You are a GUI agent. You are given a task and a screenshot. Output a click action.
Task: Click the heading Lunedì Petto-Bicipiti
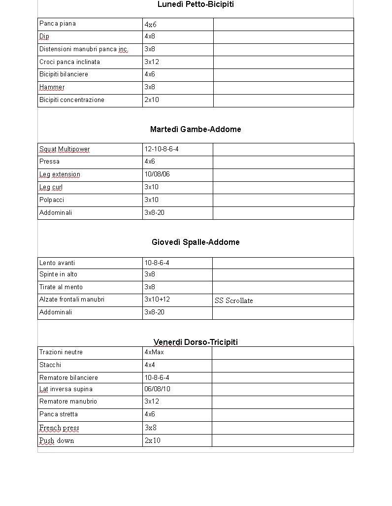(196, 4)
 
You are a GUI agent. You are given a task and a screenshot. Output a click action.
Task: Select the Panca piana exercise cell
(58, 24)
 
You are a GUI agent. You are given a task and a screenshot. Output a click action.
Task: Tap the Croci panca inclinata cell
(69, 62)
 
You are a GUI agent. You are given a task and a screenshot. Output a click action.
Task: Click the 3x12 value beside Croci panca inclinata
(152, 62)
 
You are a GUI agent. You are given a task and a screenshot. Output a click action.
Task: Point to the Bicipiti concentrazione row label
(72, 100)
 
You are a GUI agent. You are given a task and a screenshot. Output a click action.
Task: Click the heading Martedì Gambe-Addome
(196, 130)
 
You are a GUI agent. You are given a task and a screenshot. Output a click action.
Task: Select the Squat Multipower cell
(65, 149)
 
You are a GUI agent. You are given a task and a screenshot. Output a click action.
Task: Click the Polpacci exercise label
(52, 200)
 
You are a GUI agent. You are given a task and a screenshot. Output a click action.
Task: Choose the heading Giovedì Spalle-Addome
(196, 242)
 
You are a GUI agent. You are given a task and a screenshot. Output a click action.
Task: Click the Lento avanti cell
(57, 263)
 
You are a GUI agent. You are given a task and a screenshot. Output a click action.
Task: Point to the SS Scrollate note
(234, 301)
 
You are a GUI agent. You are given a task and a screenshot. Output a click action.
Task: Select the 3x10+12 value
(157, 300)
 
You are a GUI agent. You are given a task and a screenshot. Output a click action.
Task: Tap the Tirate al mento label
(61, 287)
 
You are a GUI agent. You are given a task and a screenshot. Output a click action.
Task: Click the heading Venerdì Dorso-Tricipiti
(196, 342)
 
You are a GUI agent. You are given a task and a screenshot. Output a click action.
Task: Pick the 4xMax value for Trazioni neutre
(154, 352)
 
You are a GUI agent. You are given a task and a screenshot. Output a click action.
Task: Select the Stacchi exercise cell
(50, 365)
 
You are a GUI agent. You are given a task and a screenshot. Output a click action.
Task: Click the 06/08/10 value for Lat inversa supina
(157, 389)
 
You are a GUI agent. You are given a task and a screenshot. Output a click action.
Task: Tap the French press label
(59, 428)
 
